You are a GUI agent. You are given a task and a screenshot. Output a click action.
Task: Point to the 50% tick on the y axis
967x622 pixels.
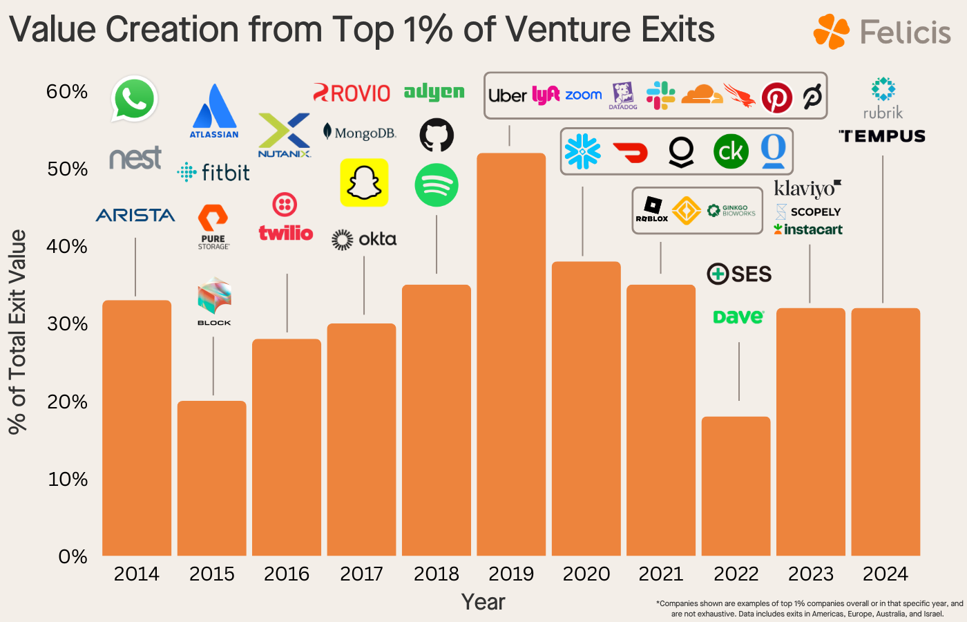[67, 169]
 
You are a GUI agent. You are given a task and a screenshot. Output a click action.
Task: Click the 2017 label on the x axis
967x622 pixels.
[361, 574]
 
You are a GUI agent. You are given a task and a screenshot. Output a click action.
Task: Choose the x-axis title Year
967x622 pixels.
[483, 602]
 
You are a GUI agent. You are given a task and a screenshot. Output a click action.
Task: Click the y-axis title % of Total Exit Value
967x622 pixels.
[17, 332]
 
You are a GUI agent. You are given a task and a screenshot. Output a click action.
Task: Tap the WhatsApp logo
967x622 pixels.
[135, 99]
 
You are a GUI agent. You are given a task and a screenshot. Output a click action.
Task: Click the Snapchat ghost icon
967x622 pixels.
[364, 183]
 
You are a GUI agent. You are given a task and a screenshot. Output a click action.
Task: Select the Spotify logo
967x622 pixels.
[437, 185]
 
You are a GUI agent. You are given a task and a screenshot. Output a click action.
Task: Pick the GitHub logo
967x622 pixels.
[437, 135]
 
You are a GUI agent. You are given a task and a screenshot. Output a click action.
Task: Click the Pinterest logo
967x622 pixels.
[776, 97]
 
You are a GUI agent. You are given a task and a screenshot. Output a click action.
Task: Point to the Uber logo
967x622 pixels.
[508, 95]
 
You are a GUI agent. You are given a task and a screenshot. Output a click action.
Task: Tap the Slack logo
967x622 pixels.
[660, 95]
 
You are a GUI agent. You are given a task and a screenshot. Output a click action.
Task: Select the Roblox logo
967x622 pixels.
[652, 209]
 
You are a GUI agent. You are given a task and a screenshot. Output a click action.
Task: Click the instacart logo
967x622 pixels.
[808, 229]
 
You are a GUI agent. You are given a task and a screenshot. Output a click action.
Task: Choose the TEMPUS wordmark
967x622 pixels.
[882, 136]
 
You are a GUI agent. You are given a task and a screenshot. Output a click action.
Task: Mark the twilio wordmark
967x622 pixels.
[286, 233]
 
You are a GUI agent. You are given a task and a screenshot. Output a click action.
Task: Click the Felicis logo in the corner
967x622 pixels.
[882, 32]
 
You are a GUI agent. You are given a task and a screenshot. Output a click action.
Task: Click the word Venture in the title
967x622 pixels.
[568, 30]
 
